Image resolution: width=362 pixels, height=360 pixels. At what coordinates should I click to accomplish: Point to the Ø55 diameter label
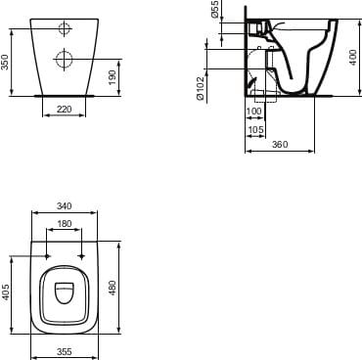(214, 11)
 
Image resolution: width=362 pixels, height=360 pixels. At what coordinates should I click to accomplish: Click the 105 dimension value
(256, 129)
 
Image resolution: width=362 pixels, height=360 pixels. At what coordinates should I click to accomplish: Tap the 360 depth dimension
(280, 145)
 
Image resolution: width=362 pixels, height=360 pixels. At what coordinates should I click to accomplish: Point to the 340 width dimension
(64, 207)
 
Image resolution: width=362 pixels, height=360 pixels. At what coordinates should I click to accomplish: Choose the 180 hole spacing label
(64, 224)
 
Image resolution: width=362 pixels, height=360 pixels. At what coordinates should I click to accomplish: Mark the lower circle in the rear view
(64, 60)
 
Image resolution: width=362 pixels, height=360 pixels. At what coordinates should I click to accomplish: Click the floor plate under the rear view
(64, 96)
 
